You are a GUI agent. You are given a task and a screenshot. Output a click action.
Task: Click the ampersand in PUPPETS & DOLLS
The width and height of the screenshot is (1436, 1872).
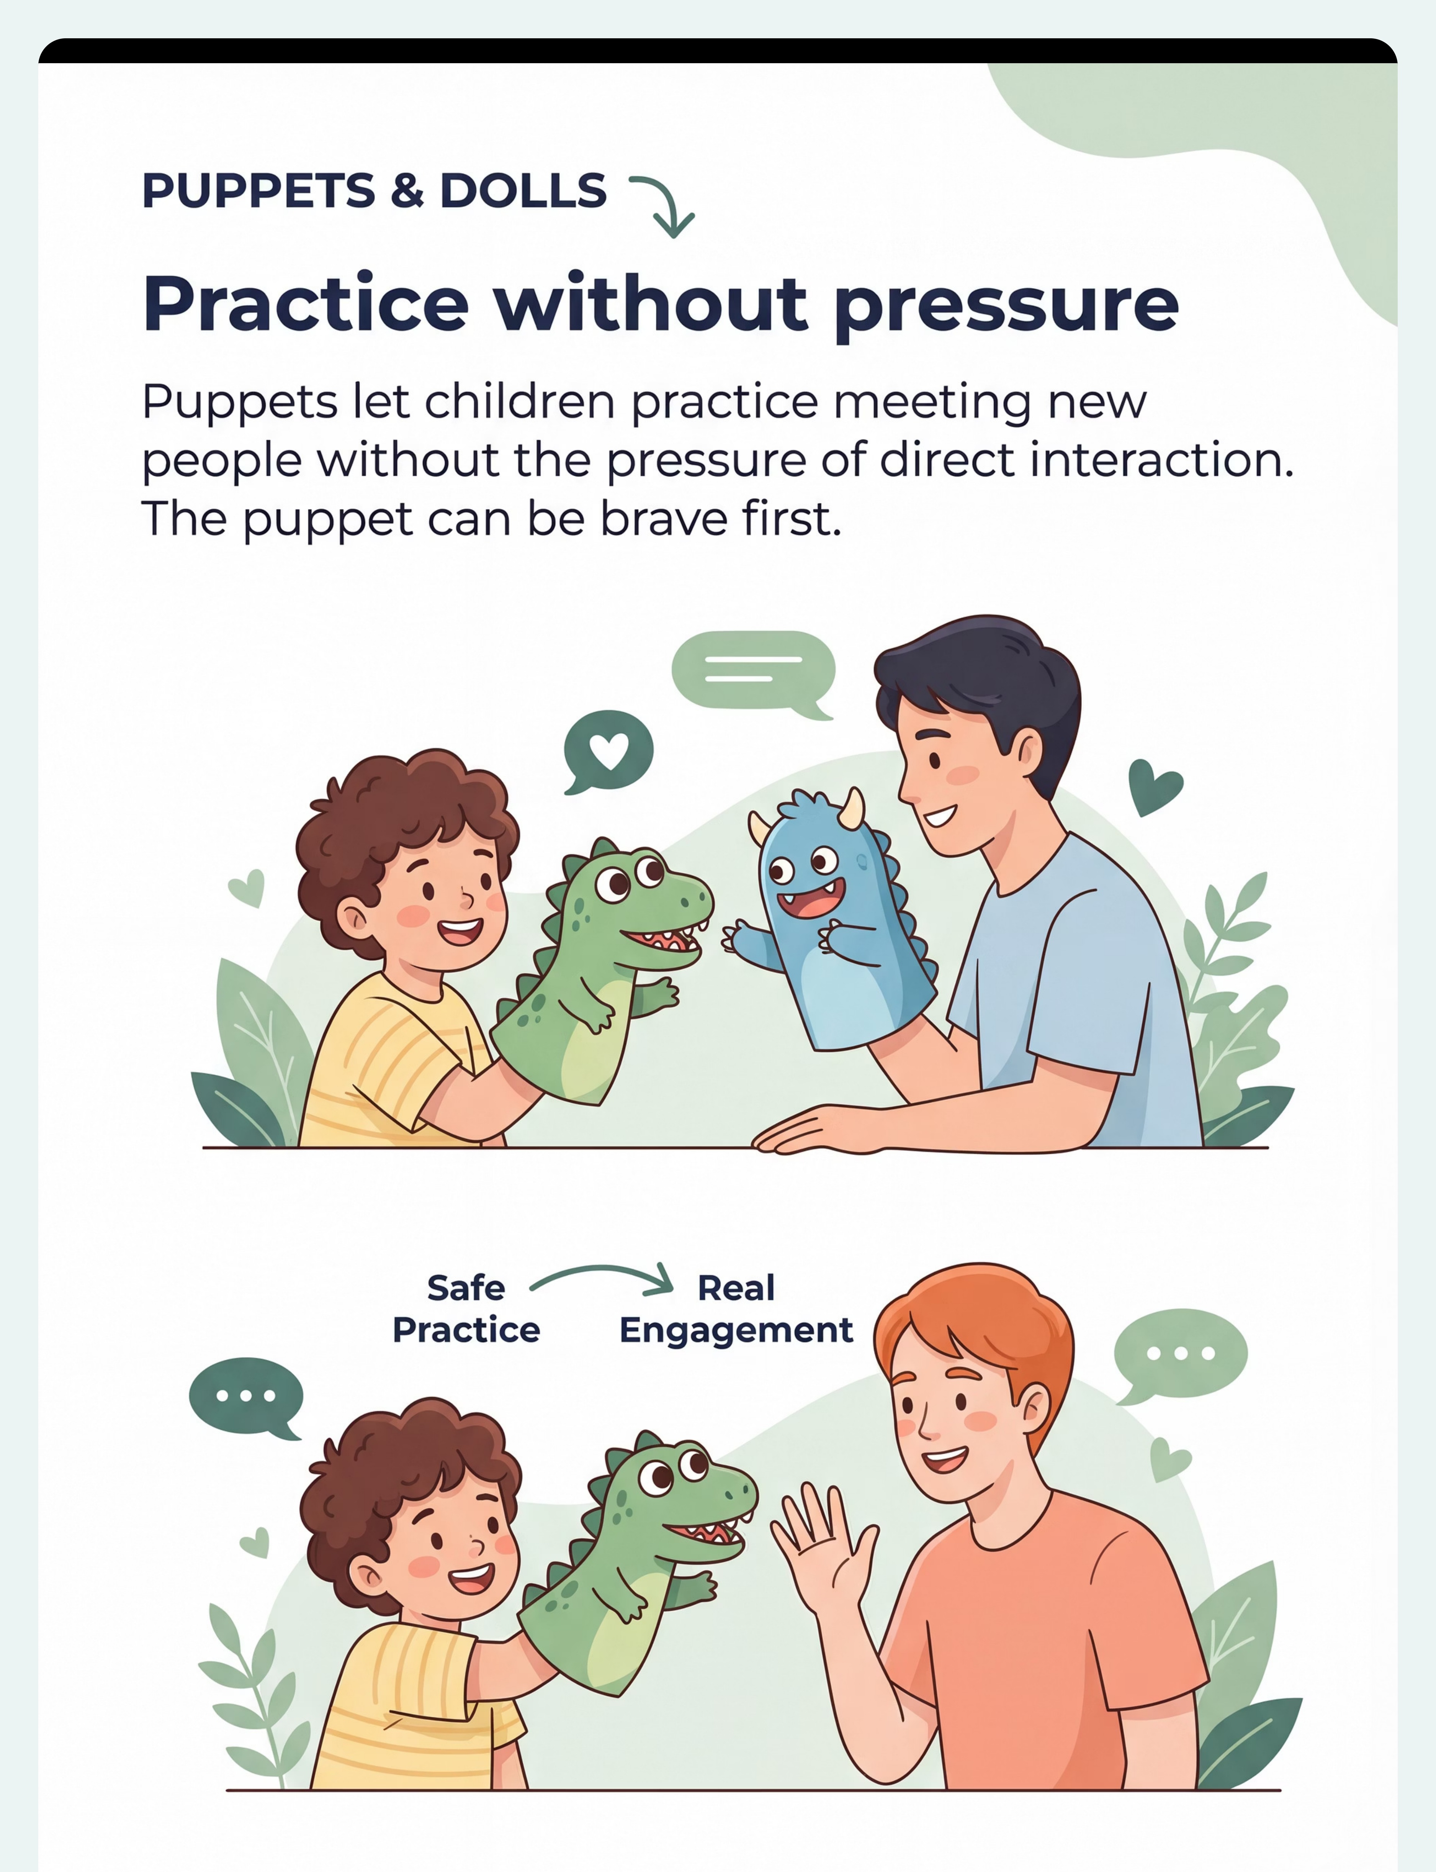tap(407, 191)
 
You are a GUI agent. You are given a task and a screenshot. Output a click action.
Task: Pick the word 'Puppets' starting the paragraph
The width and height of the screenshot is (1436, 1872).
tap(239, 402)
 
